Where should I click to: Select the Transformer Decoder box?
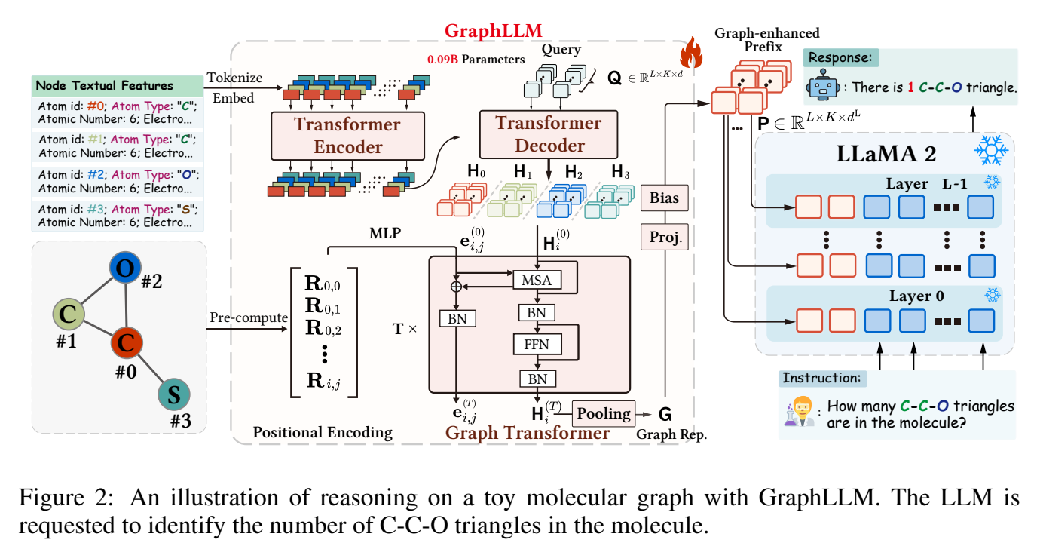[538, 134]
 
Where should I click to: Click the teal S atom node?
[174, 394]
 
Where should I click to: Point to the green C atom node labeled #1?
[67, 314]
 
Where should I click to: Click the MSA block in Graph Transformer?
[537, 281]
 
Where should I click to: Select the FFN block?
[537, 345]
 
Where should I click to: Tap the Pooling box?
[604, 413]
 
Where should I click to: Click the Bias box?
[664, 199]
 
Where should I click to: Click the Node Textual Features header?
[106, 85]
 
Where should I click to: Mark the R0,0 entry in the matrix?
[322, 284]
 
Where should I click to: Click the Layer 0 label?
[917, 296]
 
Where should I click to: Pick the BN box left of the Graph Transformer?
[457, 318]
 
